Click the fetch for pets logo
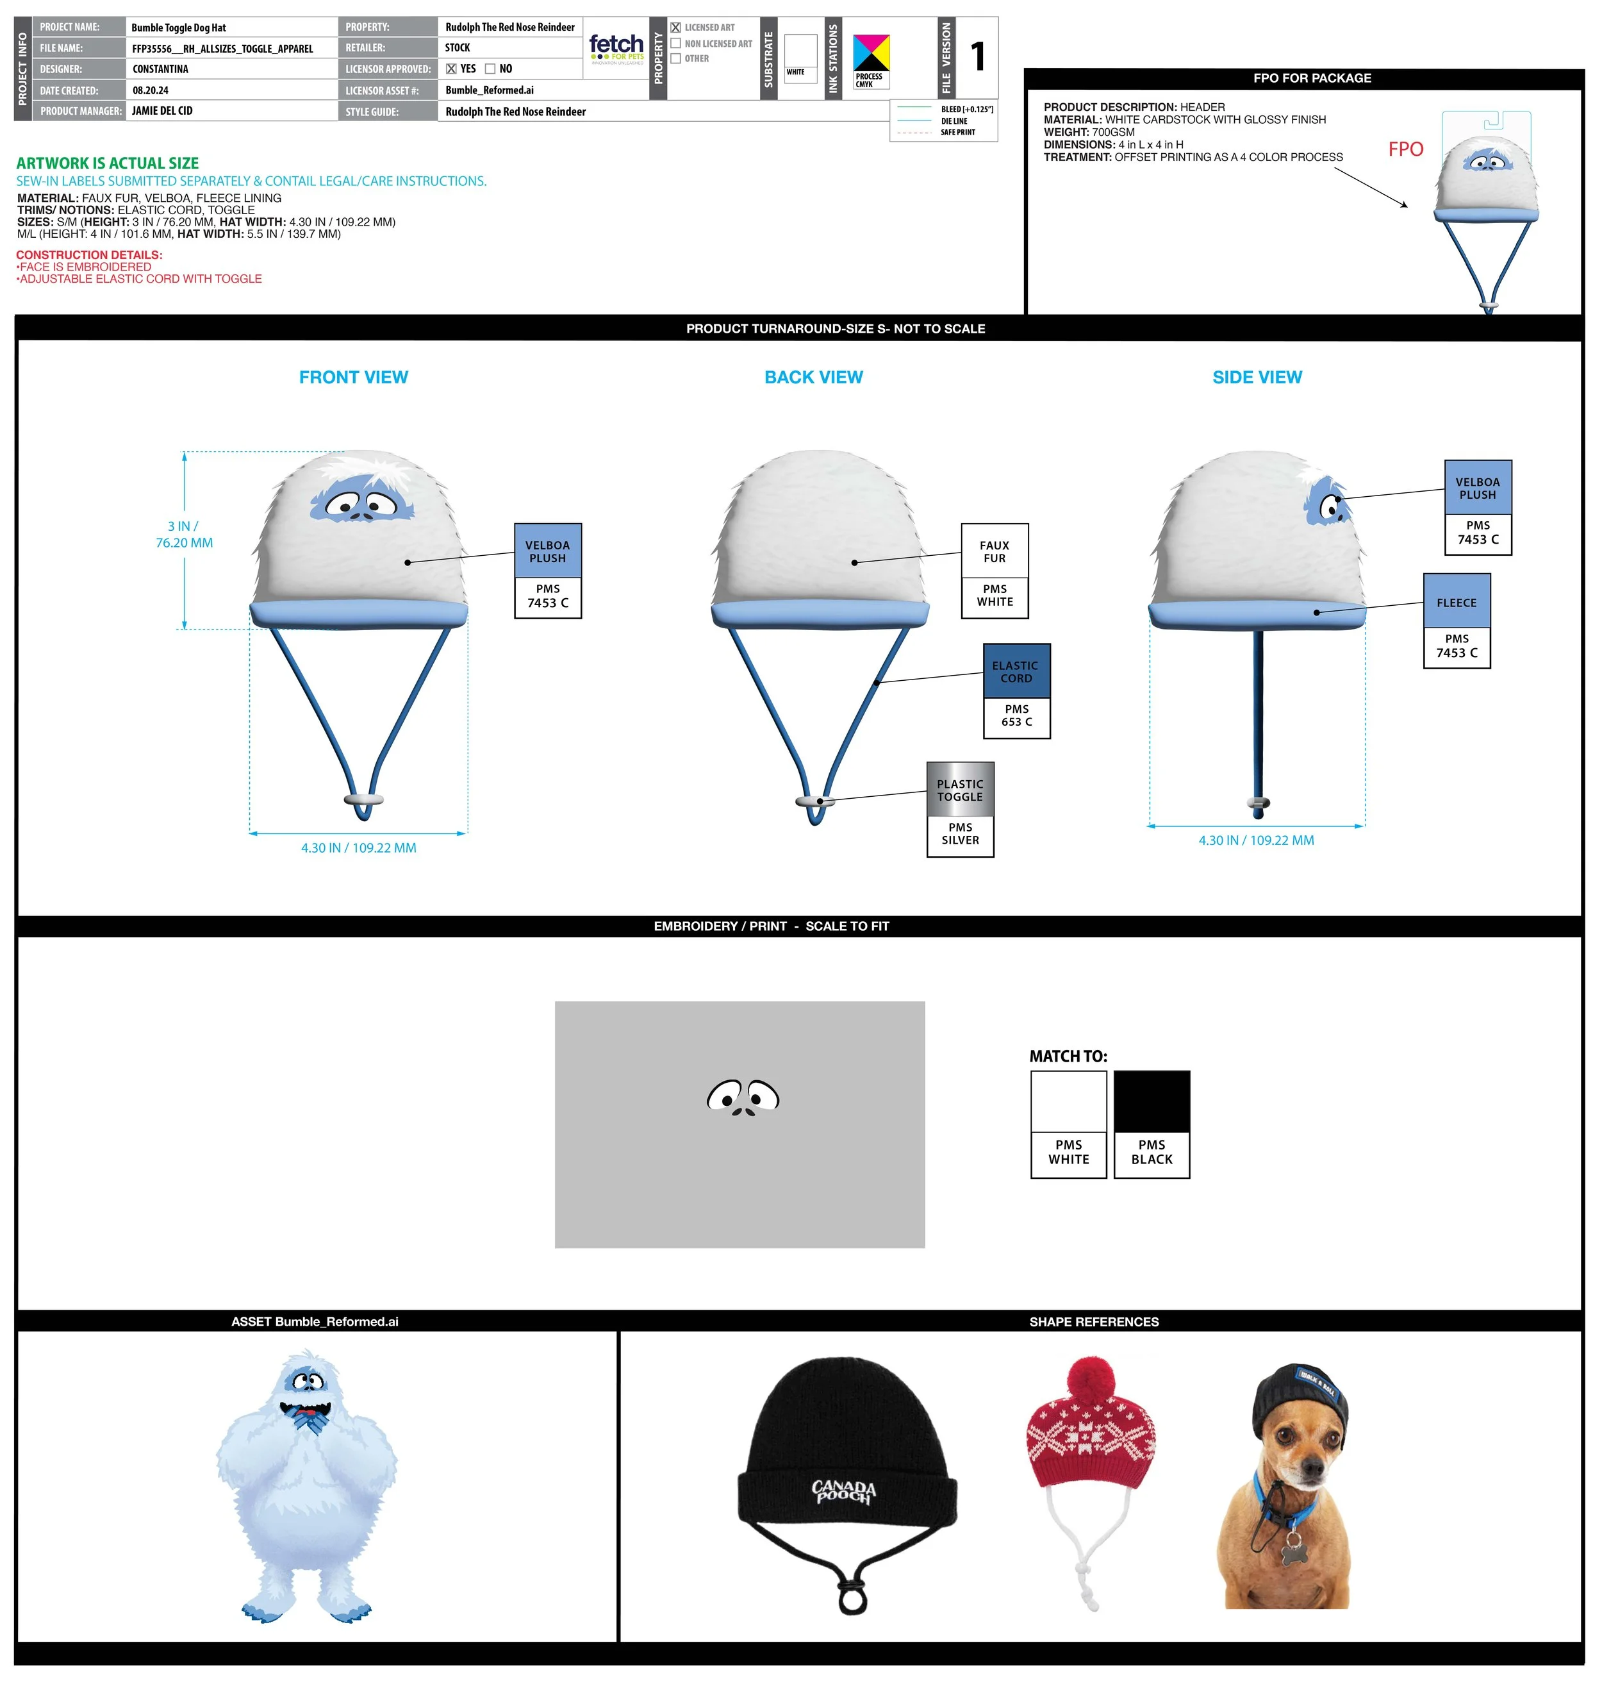(616, 48)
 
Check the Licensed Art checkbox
(675, 28)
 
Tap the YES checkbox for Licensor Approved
(451, 69)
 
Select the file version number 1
(978, 57)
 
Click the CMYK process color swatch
(871, 53)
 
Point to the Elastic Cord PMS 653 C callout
(1016, 691)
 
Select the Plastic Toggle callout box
(960, 809)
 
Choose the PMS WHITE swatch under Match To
(1068, 1124)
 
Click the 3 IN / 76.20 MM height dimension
(184, 535)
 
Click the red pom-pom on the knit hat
(1092, 1381)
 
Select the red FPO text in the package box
(1405, 149)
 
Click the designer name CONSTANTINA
(161, 69)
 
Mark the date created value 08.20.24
(151, 90)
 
